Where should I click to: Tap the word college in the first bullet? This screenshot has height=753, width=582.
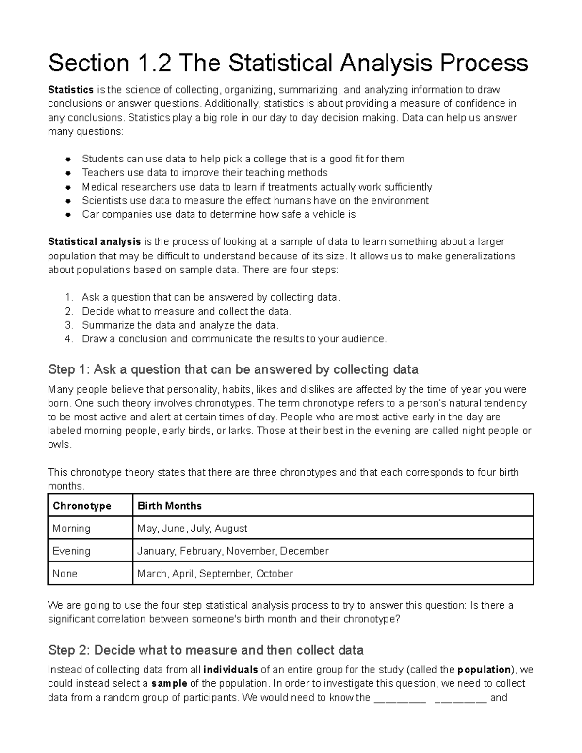coord(267,159)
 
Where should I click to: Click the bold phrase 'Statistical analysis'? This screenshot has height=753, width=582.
coord(94,242)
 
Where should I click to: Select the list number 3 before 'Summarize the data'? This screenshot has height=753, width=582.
coord(68,325)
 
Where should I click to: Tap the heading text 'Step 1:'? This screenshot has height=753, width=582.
coord(68,370)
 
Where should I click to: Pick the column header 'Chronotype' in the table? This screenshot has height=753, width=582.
coord(81,506)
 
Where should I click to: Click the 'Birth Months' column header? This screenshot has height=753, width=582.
coord(169,506)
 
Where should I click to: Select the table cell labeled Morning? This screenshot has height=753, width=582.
coord(71,529)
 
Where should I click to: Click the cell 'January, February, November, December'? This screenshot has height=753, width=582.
coord(233,551)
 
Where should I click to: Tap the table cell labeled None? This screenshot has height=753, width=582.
coord(65,574)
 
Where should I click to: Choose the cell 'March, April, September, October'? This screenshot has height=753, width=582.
coord(215,574)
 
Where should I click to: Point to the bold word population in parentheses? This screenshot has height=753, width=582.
coord(484,670)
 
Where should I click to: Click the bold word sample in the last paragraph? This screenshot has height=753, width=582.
coord(169,684)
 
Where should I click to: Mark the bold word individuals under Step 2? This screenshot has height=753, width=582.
coord(230,670)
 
